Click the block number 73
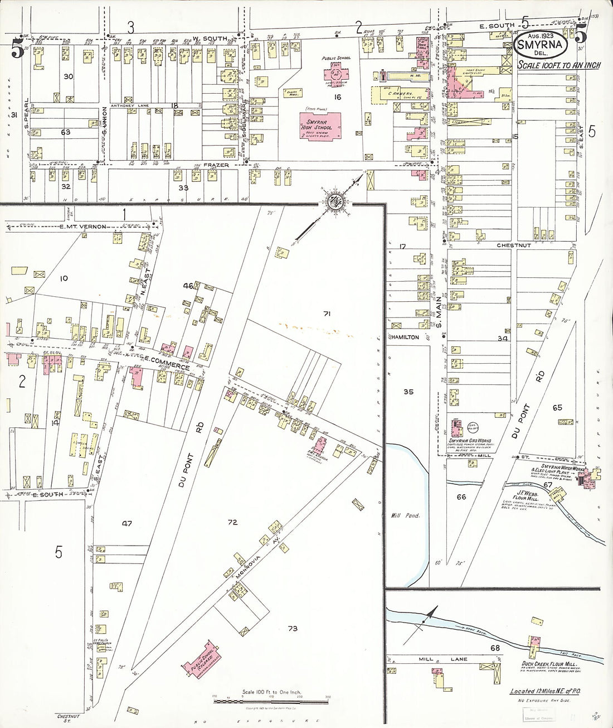point(293,629)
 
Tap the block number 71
point(327,314)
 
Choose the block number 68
point(494,648)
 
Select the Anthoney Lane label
point(127,105)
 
